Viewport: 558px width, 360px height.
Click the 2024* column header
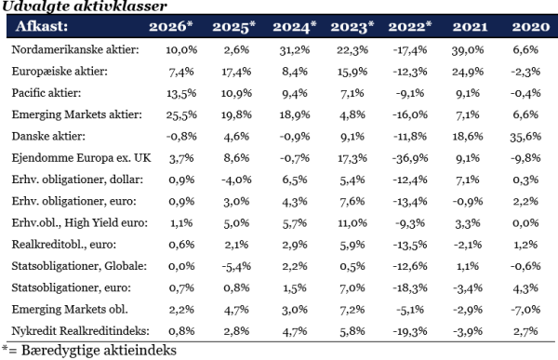(x=294, y=27)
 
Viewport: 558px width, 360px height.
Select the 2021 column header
(x=470, y=27)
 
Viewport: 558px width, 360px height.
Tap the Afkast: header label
(x=42, y=26)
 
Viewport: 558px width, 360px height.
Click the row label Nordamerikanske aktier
(x=75, y=49)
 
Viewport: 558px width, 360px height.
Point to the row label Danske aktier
(x=48, y=137)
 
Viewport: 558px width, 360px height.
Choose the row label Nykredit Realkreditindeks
(x=80, y=331)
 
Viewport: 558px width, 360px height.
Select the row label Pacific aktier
(x=46, y=93)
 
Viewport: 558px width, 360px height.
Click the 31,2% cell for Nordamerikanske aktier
(x=294, y=50)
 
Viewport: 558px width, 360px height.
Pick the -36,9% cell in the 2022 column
(x=410, y=158)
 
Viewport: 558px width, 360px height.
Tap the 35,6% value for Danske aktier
(x=525, y=137)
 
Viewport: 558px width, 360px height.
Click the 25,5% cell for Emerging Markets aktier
(x=181, y=114)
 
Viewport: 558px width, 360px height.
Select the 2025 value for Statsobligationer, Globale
(x=236, y=266)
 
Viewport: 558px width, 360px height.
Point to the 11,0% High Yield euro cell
(x=352, y=223)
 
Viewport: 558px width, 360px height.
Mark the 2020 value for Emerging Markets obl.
(x=525, y=310)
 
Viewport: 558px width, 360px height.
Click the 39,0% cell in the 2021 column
(x=468, y=50)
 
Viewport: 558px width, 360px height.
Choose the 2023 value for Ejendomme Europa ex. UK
(x=352, y=158)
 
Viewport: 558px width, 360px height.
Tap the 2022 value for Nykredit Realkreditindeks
(x=410, y=331)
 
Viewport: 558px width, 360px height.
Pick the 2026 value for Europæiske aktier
(x=181, y=72)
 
